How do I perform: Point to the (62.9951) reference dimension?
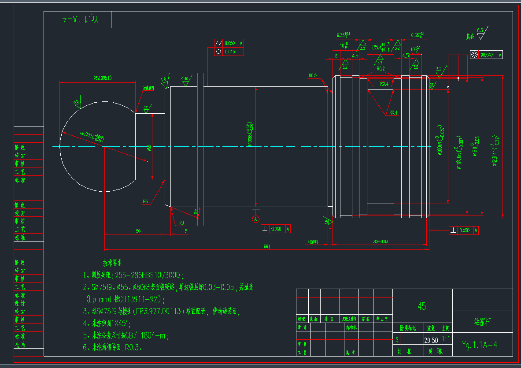click(103, 78)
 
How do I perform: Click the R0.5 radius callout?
click(313, 75)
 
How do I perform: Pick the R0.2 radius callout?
click(381, 69)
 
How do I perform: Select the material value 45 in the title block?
click(421, 306)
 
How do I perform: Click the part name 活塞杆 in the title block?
click(482, 322)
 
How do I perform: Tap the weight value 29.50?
click(431, 340)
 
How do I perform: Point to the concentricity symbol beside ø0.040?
click(474, 55)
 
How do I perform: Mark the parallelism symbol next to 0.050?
click(218, 43)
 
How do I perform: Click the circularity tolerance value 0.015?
click(230, 52)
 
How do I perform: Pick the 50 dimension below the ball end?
click(138, 231)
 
